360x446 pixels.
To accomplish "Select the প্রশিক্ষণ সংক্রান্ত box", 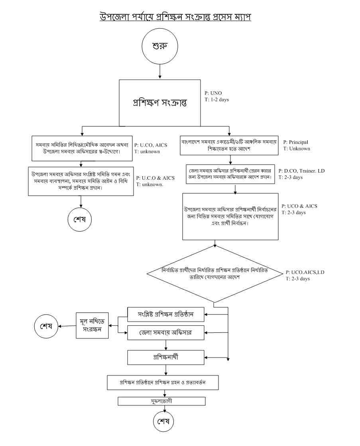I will (160, 102).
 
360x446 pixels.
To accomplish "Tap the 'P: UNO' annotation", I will (213, 93).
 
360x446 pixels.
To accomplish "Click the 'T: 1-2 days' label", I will (217, 100).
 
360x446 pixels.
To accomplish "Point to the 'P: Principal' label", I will (296, 142).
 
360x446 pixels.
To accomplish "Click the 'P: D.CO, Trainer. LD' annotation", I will (302, 171).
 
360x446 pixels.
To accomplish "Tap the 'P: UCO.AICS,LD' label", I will (305, 272).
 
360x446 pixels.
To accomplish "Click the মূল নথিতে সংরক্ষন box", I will (92, 326).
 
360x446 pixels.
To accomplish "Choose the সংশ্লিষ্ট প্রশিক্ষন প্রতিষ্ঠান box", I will (166, 314).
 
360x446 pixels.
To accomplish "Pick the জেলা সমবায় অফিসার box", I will (166, 332).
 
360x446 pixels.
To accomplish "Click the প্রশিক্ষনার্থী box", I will (166, 357).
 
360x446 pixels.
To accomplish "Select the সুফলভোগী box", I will (162, 401).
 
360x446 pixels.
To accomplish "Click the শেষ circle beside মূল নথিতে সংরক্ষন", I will (46, 325).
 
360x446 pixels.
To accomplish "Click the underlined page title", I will (175, 17).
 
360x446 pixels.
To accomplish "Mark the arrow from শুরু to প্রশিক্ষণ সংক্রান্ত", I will (160, 72).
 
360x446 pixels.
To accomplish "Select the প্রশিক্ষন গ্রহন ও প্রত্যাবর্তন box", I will (163, 382).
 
